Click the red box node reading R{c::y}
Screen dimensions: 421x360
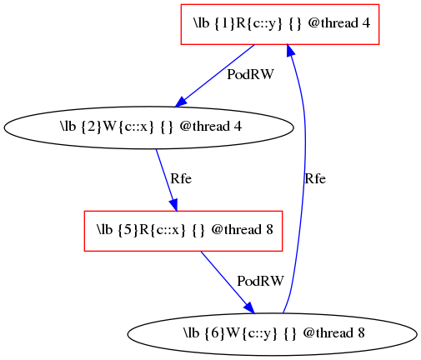click(x=280, y=24)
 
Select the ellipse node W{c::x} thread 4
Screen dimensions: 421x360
click(x=148, y=127)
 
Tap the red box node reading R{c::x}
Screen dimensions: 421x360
click(x=183, y=231)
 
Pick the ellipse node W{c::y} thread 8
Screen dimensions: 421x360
click(x=272, y=334)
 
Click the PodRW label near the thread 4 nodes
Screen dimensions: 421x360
click(x=250, y=74)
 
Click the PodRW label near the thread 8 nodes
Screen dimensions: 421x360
click(x=260, y=281)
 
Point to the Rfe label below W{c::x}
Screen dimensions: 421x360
click(x=181, y=178)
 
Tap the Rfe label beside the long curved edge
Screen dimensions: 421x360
click(x=315, y=178)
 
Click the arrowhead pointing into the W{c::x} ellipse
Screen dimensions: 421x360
click(x=180, y=102)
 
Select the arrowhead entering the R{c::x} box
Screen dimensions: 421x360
click(x=174, y=205)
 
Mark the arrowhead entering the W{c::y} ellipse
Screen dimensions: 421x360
click(x=249, y=308)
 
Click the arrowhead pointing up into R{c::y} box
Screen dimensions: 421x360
click(x=290, y=51)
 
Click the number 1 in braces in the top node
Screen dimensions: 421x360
click(x=225, y=23)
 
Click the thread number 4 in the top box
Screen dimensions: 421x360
click(x=366, y=23)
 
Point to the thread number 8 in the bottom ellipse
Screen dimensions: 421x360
click(x=360, y=333)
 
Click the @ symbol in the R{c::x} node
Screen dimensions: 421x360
click(x=217, y=230)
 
